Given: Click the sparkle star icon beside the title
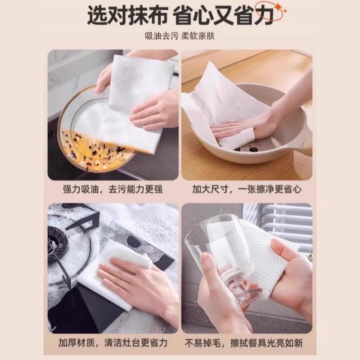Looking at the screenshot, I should click(280, 8).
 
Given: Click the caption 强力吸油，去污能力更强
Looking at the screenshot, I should click(114, 189).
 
